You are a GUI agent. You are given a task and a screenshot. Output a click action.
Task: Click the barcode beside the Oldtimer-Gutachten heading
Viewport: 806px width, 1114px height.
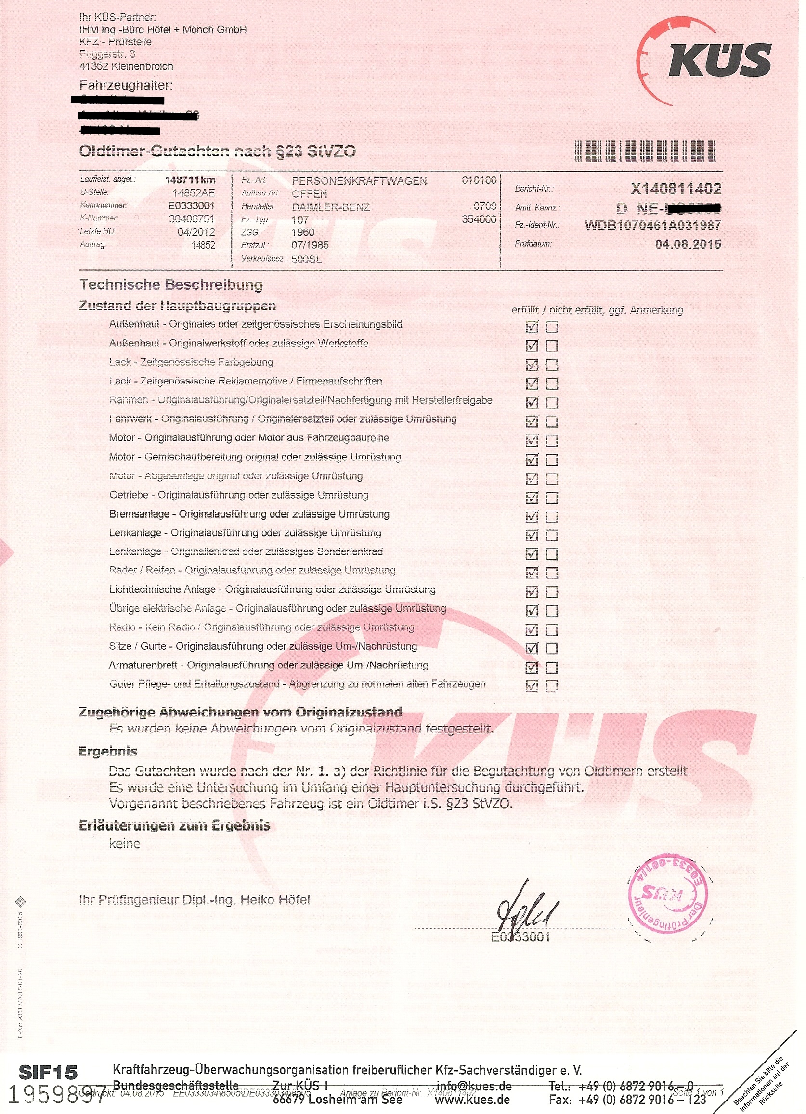644,151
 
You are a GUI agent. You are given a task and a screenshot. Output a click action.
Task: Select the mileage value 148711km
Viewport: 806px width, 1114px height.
190,180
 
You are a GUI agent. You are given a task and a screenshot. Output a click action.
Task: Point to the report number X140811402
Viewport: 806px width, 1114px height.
676,189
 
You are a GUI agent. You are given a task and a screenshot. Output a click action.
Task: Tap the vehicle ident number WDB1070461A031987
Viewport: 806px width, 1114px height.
653,226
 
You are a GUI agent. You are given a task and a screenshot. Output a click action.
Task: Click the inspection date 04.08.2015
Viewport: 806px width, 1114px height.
688,244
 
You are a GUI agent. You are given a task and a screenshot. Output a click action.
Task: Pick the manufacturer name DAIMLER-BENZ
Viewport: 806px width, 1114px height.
330,207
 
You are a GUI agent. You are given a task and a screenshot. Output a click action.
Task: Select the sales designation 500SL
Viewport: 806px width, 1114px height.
306,258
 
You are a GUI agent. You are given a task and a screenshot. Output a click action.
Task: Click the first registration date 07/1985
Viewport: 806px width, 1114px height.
310,245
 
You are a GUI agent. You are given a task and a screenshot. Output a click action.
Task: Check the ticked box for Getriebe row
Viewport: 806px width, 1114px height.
531,498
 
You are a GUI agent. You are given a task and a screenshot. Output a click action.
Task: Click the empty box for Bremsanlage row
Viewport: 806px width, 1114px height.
551,517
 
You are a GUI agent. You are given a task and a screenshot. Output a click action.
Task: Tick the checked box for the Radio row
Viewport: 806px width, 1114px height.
531,630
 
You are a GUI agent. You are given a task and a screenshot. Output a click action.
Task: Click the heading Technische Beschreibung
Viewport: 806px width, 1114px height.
171,284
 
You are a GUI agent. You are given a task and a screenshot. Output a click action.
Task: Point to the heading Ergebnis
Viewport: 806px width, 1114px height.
108,751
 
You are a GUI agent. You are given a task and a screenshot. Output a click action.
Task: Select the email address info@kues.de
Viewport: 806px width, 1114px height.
474,1086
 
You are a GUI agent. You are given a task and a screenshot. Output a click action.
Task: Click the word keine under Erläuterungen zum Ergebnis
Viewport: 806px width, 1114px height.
124,844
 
